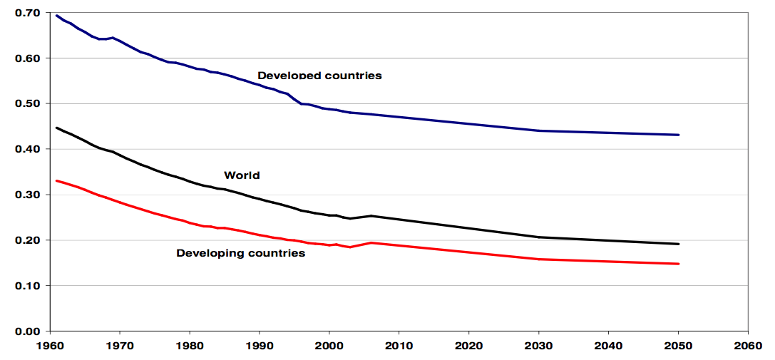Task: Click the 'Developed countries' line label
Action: tap(319, 76)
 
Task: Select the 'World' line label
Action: tap(242, 175)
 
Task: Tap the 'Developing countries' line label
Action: tap(240, 253)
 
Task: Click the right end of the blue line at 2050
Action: tap(679, 135)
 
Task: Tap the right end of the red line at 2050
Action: tap(679, 264)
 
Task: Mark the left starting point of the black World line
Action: tap(56, 128)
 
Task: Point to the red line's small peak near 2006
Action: tap(371, 242)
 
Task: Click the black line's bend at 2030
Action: tap(539, 237)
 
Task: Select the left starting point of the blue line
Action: tap(56, 15)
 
